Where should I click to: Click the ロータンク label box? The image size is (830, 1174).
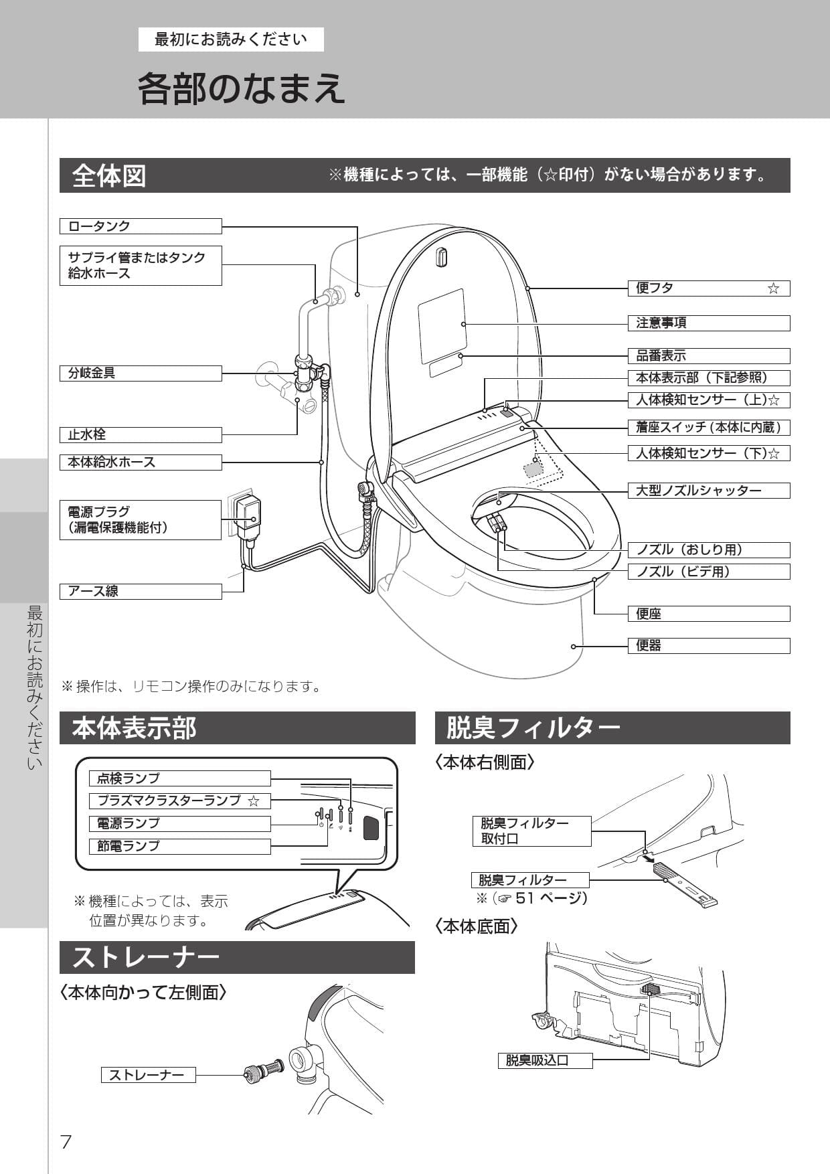pyautogui.click(x=141, y=226)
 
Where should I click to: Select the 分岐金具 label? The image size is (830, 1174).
pyautogui.click(x=141, y=373)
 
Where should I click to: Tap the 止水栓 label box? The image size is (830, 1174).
pyautogui.click(x=141, y=435)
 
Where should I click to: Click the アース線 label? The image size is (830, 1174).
pyautogui.click(x=141, y=592)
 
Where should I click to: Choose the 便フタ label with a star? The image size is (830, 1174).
pyautogui.click(x=708, y=288)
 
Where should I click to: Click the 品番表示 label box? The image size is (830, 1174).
pyautogui.click(x=708, y=356)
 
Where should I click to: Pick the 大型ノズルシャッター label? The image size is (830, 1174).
pyautogui.click(x=708, y=491)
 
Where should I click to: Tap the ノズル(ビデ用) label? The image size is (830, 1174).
pyautogui.click(x=708, y=572)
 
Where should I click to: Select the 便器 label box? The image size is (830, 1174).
pyautogui.click(x=708, y=646)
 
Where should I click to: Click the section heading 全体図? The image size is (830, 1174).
pyautogui.click(x=109, y=176)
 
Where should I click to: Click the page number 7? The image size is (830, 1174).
pyautogui.click(x=66, y=1141)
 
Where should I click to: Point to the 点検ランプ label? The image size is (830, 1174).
pyautogui.click(x=179, y=778)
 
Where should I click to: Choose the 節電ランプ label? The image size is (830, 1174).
pyautogui.click(x=179, y=846)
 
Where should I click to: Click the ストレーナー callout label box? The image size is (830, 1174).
pyautogui.click(x=148, y=1075)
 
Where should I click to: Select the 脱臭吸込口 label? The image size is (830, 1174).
pyautogui.click(x=545, y=1061)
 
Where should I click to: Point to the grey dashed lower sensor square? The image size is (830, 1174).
pyautogui.click(x=533, y=468)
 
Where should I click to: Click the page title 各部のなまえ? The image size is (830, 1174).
pyautogui.click(x=241, y=88)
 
